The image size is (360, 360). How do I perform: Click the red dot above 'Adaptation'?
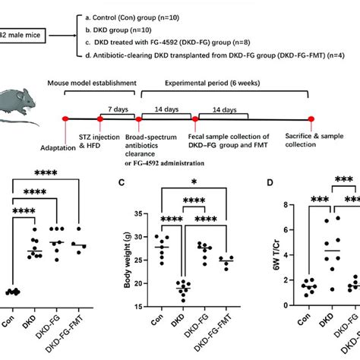[x=66, y=118]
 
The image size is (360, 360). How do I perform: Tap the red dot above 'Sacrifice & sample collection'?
[x=311, y=118]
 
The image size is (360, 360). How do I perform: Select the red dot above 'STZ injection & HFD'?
[x=100, y=118]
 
